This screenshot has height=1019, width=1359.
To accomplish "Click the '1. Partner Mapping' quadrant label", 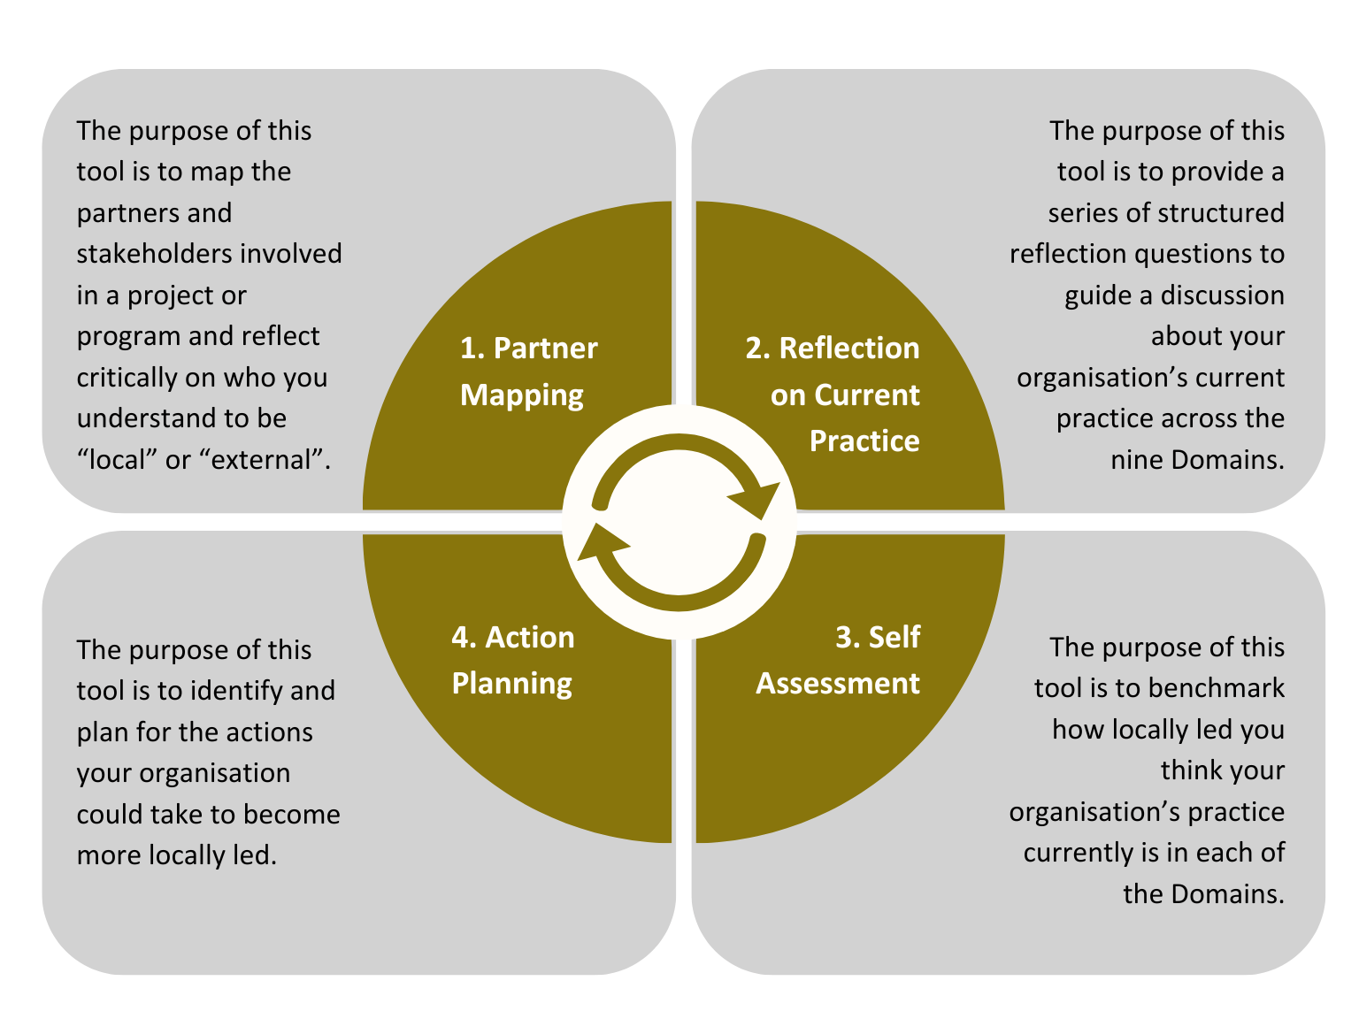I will pyautogui.click(x=528, y=372).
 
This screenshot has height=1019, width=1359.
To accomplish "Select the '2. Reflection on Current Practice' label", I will pyautogui.click(x=833, y=395).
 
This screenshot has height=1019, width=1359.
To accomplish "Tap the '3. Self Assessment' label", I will pyautogui.click(x=838, y=660).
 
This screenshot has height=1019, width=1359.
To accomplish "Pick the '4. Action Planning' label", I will pyautogui.click(x=513, y=660).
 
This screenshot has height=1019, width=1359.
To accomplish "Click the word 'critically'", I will pyautogui.click(x=127, y=378).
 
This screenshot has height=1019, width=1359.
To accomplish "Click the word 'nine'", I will pyautogui.click(x=1137, y=460).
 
